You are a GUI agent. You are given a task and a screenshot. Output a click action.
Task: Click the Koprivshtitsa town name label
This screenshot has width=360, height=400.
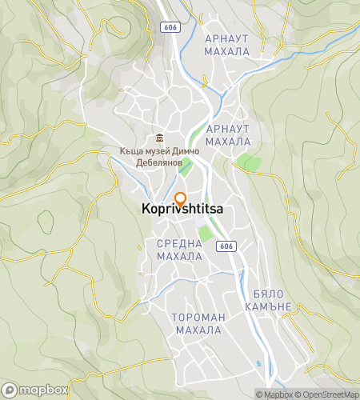point(182,210)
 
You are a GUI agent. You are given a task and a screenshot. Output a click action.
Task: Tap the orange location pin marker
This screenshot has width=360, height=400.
point(180,199)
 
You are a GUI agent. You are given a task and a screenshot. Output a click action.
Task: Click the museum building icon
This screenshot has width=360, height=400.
point(160,136)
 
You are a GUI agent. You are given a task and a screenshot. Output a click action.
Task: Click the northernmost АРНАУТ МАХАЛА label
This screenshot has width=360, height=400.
point(227,45)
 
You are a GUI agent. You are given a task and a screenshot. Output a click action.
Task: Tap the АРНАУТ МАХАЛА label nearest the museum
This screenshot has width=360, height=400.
point(228,134)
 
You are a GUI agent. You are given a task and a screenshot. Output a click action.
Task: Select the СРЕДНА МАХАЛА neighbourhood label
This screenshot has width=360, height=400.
point(178,250)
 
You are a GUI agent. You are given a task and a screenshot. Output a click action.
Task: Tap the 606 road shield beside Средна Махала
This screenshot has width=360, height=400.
point(227,246)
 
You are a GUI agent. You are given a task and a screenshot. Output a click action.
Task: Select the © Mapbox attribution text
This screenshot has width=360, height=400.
point(274,394)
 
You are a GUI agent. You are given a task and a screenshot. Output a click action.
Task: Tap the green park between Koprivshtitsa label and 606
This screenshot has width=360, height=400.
point(206,234)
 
